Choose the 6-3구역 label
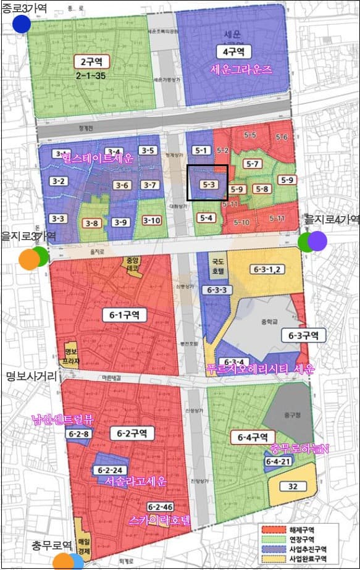(x=303, y=335)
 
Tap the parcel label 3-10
(x=151, y=220)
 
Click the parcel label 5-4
(x=206, y=217)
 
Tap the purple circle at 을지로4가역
(x=317, y=241)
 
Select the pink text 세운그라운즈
(x=241, y=69)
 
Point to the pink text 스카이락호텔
(x=161, y=521)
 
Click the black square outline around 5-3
(x=207, y=183)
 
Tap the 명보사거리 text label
(x=31, y=375)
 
